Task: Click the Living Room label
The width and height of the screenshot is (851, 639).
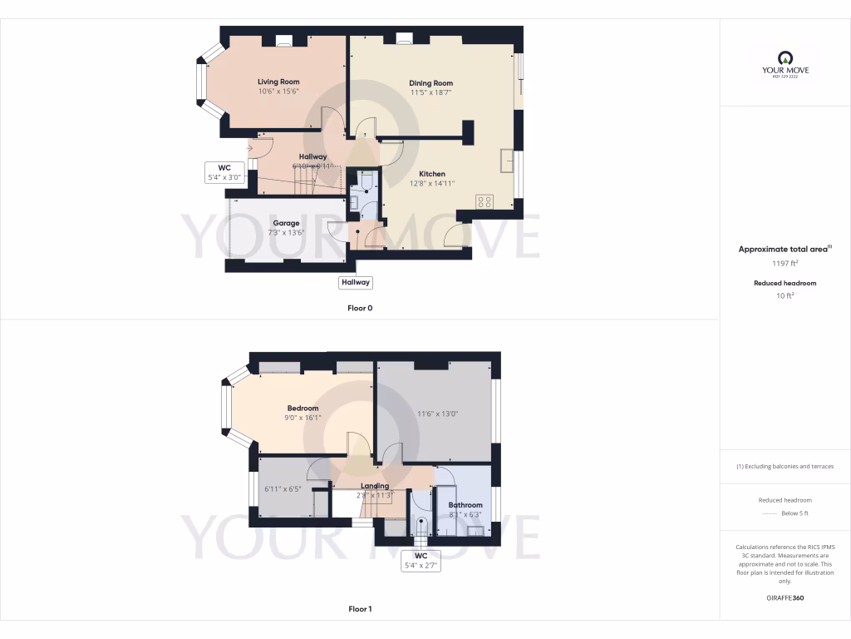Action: pyautogui.click(x=278, y=82)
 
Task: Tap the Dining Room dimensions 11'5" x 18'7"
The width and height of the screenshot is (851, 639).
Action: pyautogui.click(x=430, y=93)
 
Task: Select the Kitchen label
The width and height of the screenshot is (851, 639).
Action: pyautogui.click(x=431, y=174)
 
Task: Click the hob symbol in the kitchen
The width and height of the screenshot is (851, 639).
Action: pyautogui.click(x=485, y=201)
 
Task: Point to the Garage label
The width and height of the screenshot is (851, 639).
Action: pyautogui.click(x=286, y=223)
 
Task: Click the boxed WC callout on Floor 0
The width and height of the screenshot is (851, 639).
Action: pyautogui.click(x=224, y=172)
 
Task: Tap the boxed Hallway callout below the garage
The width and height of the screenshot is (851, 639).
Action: pyautogui.click(x=356, y=283)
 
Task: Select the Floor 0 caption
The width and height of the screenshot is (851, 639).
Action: pyautogui.click(x=360, y=308)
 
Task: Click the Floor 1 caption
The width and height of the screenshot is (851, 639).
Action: pyautogui.click(x=360, y=609)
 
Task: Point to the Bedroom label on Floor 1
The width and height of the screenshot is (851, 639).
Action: pyautogui.click(x=303, y=408)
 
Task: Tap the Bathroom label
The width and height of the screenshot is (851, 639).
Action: pyautogui.click(x=465, y=505)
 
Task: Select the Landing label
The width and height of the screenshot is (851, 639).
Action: pyautogui.click(x=375, y=486)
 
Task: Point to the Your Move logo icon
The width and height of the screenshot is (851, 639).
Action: pyautogui.click(x=785, y=57)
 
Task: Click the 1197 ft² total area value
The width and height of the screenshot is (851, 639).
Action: pyautogui.click(x=785, y=263)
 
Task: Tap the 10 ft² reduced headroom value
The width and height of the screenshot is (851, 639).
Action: pyautogui.click(x=785, y=295)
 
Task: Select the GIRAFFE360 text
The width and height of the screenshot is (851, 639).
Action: pyautogui.click(x=785, y=598)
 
